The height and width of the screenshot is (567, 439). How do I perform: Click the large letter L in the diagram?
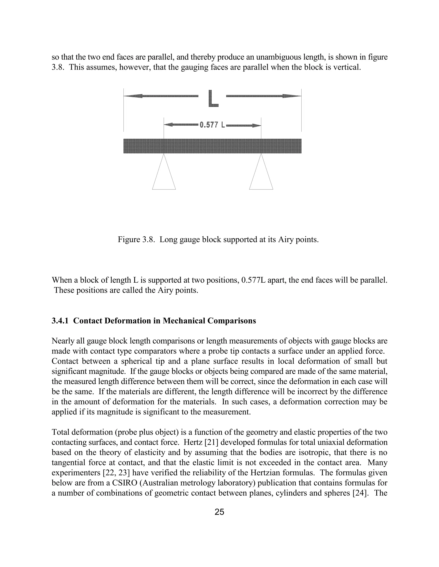213,98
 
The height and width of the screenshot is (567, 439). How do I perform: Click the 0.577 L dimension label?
212,125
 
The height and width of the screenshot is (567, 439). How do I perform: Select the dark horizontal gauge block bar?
212,146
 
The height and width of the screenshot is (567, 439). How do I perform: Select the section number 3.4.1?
60,321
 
